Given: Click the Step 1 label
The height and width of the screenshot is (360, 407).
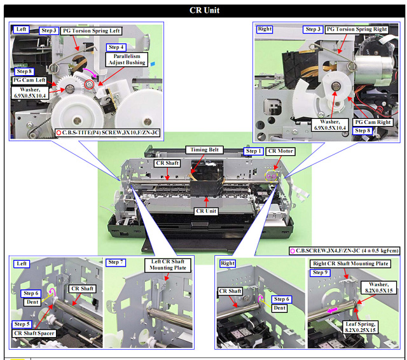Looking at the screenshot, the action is coord(253,151).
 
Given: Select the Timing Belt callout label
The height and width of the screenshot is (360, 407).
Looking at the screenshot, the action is coord(205,149).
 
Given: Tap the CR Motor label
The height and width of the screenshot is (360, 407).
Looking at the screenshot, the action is coord(280,151).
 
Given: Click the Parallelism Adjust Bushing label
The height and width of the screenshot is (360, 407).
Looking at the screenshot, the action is coord(127,59).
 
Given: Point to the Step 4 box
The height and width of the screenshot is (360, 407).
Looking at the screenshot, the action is coord(116,47).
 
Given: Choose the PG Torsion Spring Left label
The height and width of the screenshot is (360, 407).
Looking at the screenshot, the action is coord(92,31).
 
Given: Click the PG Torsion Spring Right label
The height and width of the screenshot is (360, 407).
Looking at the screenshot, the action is coord(357,29).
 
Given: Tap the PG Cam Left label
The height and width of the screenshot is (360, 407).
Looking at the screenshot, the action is coord(29,80).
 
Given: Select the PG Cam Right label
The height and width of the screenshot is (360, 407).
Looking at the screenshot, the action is coord(373,122).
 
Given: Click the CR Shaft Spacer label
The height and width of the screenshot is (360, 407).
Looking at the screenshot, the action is coord(34,333).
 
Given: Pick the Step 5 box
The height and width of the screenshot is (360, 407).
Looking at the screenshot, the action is coord(22,324).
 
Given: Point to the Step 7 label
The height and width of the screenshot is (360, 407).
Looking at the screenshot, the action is coord(116,263).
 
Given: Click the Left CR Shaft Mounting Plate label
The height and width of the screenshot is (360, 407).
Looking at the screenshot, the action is coord(168,265).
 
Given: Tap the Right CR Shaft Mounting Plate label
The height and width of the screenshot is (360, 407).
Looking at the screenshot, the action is coord(350,264).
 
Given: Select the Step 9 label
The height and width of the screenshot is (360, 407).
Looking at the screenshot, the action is coord(320,272).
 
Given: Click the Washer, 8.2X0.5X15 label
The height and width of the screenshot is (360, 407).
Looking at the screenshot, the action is coord(379,287).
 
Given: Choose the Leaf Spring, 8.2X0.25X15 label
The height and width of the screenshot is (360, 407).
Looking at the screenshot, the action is coord(361,327).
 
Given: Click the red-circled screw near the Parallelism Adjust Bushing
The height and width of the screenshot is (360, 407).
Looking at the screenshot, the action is coord(89,84).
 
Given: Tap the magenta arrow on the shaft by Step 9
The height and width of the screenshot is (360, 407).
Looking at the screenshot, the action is coord(332,310).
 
